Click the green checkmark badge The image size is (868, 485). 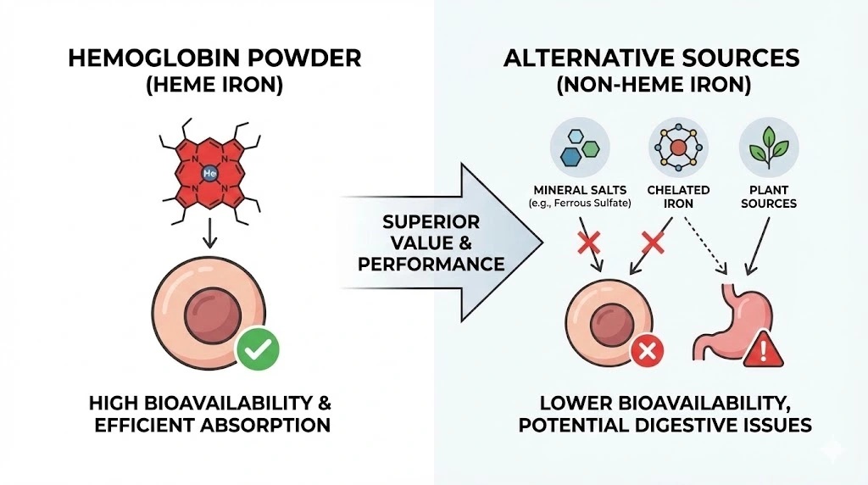point(257,349)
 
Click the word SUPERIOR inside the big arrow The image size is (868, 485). point(431,221)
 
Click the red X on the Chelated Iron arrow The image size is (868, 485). point(653,243)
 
